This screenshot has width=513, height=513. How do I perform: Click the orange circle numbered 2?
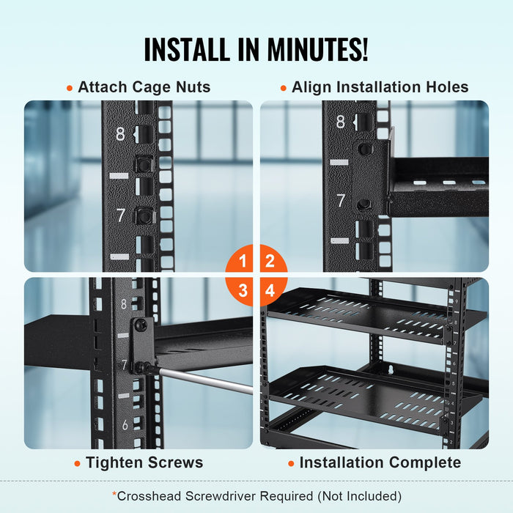(x=270, y=261)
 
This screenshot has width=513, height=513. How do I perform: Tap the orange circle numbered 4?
(x=270, y=290)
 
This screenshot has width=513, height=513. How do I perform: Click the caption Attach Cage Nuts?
(x=144, y=87)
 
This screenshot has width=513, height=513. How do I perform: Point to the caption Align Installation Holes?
(x=380, y=87)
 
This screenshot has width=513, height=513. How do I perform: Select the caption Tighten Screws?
(x=144, y=462)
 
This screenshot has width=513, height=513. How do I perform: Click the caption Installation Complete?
(x=380, y=462)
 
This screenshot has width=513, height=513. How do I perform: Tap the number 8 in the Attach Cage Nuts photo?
(x=120, y=134)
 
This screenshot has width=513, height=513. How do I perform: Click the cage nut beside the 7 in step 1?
(x=144, y=215)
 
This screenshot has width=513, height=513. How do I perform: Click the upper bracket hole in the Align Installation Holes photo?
(x=363, y=149)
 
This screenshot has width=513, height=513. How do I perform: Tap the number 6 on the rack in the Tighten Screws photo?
(x=125, y=424)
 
